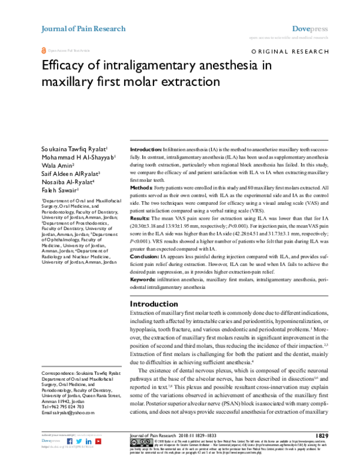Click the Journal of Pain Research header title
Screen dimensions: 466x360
(83, 28)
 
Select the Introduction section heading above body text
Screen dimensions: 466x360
(155, 304)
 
